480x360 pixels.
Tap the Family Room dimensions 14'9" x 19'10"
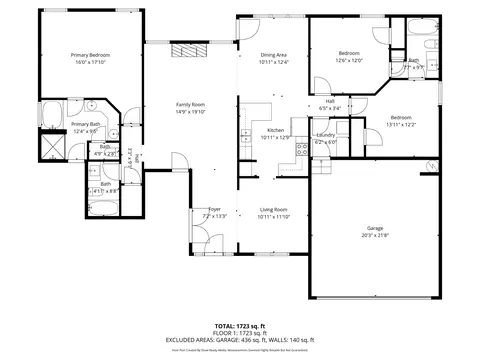coord(189,111)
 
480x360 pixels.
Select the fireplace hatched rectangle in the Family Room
coord(187,51)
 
